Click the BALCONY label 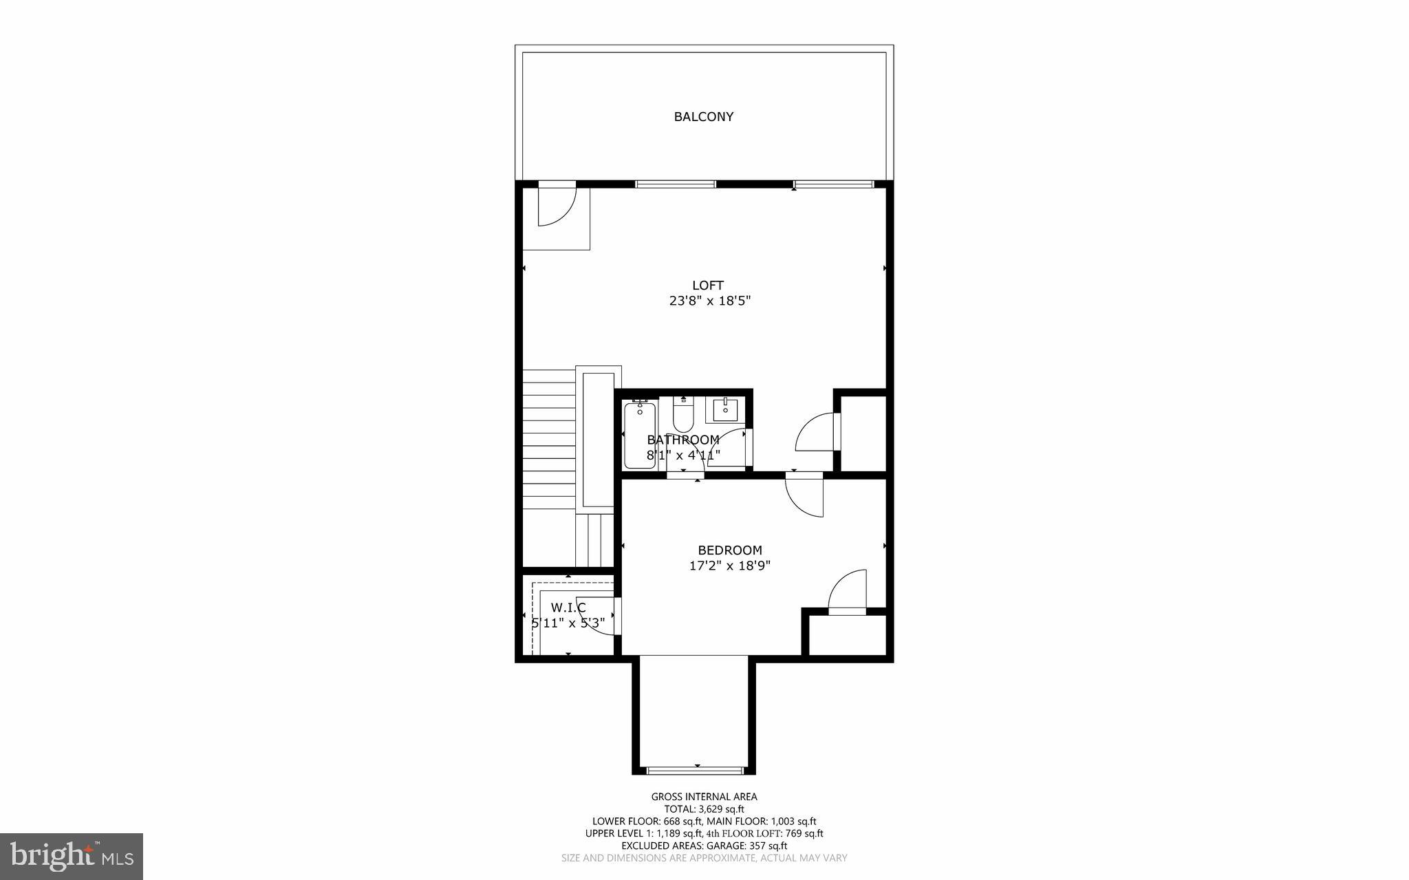click(x=703, y=117)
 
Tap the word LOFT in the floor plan click(x=708, y=285)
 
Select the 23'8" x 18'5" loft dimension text click(x=709, y=301)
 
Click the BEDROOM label click(x=729, y=550)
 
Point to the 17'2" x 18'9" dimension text click(x=729, y=566)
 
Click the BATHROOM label click(x=683, y=440)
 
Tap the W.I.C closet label click(x=568, y=608)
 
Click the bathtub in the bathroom click(x=640, y=435)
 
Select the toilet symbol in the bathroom click(x=683, y=416)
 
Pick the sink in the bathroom click(x=725, y=410)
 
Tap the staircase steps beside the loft click(x=548, y=440)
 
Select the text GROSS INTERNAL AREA click(x=704, y=797)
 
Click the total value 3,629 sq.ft click(x=720, y=809)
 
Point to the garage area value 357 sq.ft click(x=768, y=846)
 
